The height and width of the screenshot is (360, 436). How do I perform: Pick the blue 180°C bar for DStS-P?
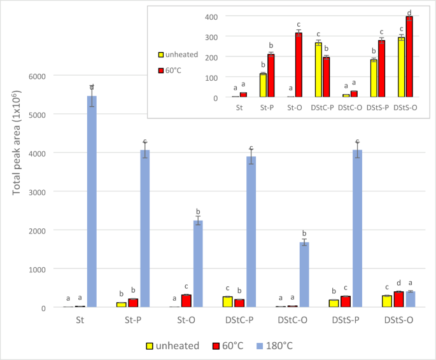tap(358, 229)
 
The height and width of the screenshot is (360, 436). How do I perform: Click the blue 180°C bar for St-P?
tap(145, 229)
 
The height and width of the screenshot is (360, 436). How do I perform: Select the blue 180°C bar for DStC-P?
tap(251, 232)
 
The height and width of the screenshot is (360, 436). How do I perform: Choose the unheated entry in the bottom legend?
tap(182, 345)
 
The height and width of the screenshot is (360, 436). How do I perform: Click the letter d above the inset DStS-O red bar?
tap(409, 12)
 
